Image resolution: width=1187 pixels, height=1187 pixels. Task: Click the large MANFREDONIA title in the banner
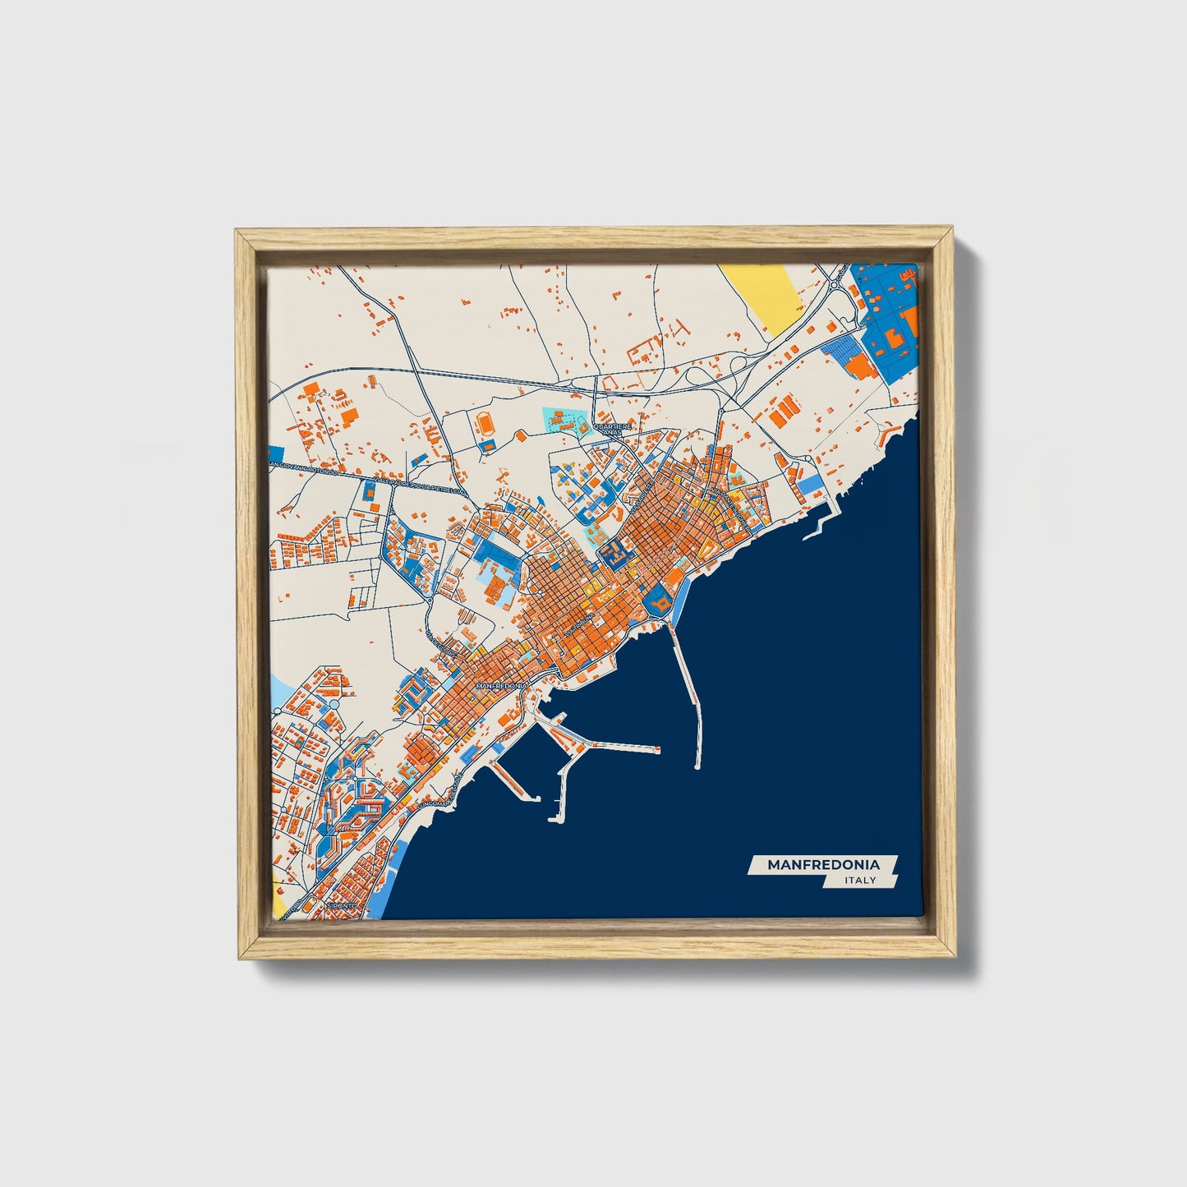pos(823,865)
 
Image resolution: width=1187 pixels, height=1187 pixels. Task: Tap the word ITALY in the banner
pos(860,881)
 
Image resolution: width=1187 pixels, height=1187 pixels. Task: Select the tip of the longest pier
pos(697,766)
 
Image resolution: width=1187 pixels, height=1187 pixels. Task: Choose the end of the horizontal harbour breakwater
pos(656,748)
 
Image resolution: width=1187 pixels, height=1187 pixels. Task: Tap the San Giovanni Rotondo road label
pos(304,468)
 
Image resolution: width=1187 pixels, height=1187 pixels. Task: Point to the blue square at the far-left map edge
pos(275,453)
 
